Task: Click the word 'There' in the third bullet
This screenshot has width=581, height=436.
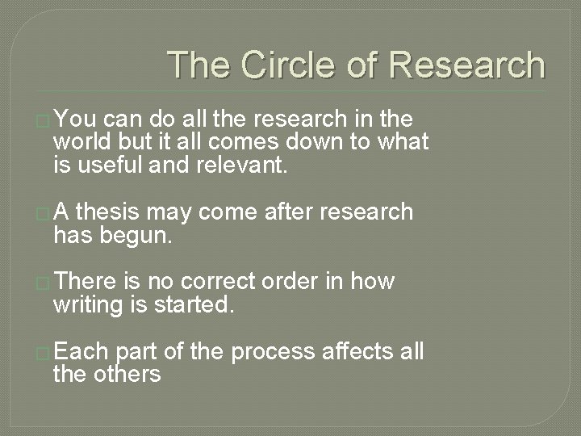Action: pos(88,281)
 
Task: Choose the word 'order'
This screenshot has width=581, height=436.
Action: pos(287,281)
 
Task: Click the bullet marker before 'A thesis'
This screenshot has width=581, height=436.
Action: pos(44,214)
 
